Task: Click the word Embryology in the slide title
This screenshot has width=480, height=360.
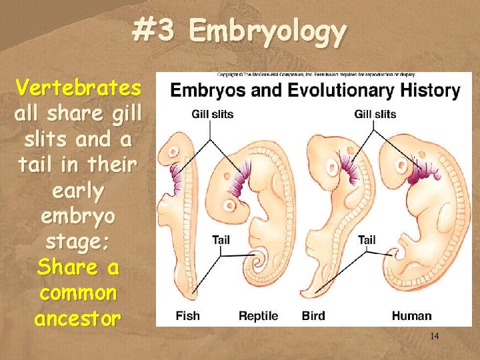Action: [x=268, y=31]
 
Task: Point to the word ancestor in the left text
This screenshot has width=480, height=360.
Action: [x=78, y=319]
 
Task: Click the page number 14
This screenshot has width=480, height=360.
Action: [x=435, y=337]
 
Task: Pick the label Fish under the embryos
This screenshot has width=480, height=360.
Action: [x=187, y=315]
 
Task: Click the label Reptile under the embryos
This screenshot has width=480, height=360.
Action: [x=258, y=315]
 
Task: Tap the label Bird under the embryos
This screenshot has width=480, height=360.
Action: [x=313, y=315]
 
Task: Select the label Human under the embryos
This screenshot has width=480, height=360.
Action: [x=411, y=315]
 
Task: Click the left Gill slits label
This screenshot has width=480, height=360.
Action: [x=213, y=114]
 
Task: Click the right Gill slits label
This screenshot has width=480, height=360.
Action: [x=375, y=114]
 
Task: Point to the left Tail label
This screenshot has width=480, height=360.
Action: [x=221, y=239]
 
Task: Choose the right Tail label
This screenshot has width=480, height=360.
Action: [x=367, y=239]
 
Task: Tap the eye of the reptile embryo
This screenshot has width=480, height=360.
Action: [x=233, y=205]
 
